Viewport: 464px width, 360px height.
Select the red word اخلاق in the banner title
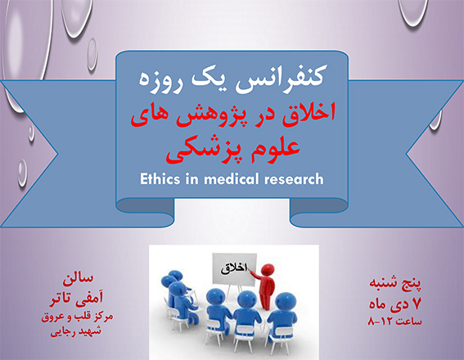[309, 112]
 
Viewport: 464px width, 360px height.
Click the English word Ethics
[160, 179]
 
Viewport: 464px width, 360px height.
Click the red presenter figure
[265, 286]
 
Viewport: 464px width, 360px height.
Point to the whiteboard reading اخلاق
[234, 268]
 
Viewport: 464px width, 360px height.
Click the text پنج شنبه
[395, 283]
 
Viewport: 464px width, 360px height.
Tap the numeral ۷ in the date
[417, 304]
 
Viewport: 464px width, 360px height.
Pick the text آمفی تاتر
[76, 298]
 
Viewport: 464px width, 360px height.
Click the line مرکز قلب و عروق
[77, 317]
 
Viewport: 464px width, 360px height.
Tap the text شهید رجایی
[76, 331]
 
